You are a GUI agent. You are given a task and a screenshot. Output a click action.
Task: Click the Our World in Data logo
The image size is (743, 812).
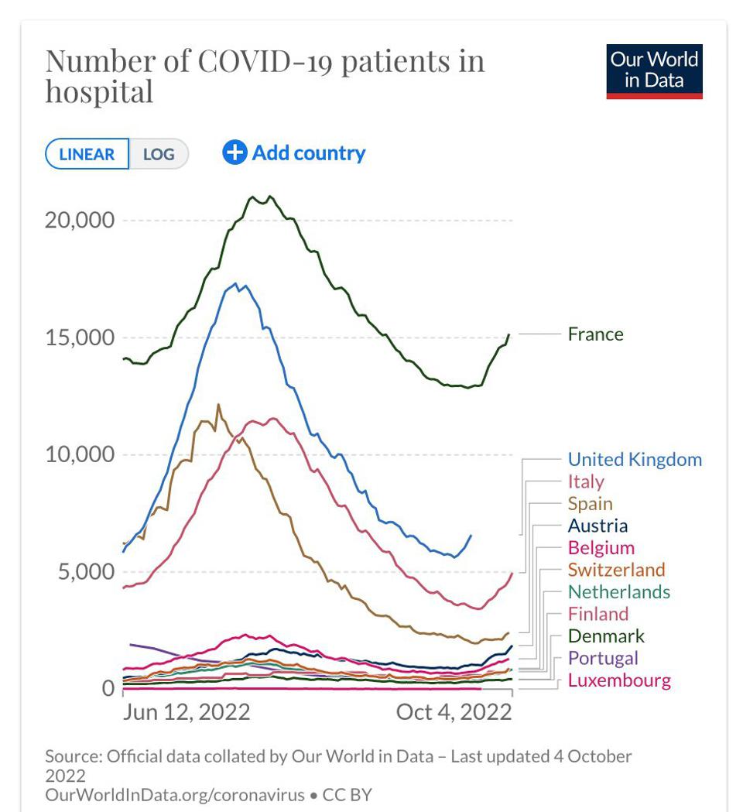pyautogui.click(x=654, y=71)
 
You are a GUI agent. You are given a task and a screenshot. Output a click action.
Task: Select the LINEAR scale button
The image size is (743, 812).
pyautogui.click(x=87, y=154)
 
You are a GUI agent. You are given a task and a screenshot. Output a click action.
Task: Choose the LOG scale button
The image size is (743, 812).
pyautogui.click(x=159, y=154)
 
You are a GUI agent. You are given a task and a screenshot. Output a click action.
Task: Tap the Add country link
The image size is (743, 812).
pyautogui.click(x=294, y=153)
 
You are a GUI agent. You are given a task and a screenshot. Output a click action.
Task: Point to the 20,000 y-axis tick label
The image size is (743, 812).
pyautogui.click(x=80, y=221)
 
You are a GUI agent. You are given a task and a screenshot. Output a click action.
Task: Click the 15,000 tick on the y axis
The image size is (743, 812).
pyautogui.click(x=80, y=338)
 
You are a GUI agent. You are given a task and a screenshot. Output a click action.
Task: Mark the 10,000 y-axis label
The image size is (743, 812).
pyautogui.click(x=80, y=454)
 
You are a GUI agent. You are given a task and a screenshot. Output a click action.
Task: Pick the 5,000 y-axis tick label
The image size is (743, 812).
pyautogui.click(x=85, y=572)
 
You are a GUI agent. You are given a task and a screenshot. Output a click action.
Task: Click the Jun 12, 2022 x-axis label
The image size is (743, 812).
pyautogui.click(x=186, y=712)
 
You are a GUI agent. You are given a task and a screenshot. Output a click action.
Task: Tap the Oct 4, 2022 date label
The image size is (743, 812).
pyautogui.click(x=454, y=712)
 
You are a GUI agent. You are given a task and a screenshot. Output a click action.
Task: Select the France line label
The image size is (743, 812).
pyautogui.click(x=595, y=334)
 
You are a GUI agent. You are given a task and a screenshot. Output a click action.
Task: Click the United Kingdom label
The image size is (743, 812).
pyautogui.click(x=635, y=460)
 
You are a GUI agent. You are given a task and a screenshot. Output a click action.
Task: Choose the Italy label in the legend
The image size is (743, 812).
pyautogui.click(x=585, y=481)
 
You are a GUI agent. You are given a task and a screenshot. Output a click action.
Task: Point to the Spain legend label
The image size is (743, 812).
pyautogui.click(x=590, y=504)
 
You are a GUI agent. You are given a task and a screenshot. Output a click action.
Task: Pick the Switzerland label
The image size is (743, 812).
pyautogui.click(x=616, y=570)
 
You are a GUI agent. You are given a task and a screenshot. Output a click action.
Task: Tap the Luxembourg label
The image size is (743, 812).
pyautogui.click(x=619, y=681)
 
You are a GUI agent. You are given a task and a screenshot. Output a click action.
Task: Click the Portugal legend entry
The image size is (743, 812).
pyautogui.click(x=603, y=659)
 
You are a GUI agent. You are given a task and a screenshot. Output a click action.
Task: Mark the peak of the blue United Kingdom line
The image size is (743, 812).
pyautogui.click(x=235, y=283)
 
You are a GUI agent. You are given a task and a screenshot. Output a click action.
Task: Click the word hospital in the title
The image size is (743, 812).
pyautogui.click(x=99, y=92)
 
